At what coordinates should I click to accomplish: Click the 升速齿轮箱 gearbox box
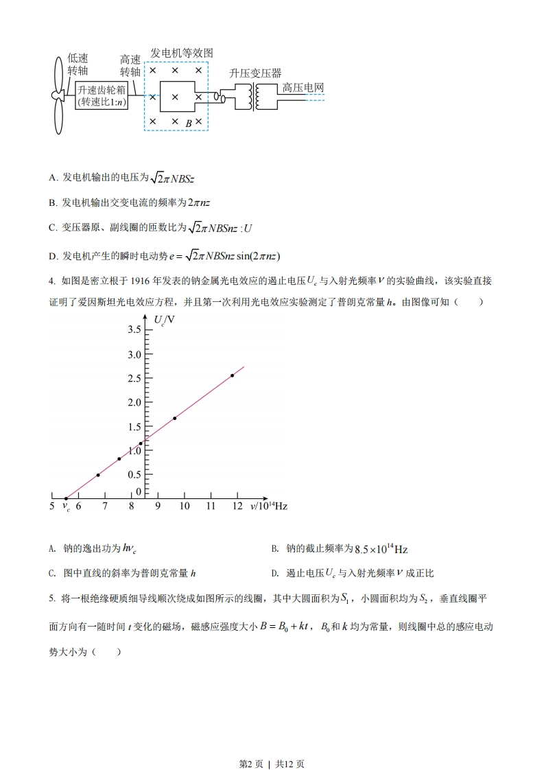[x=102, y=95]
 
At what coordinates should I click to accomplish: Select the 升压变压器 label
[x=255, y=73]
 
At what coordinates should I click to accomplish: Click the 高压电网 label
[x=303, y=88]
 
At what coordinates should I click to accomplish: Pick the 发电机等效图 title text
[x=182, y=53]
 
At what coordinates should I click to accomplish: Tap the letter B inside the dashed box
[x=189, y=122]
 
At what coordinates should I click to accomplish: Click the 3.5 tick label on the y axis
[x=134, y=330]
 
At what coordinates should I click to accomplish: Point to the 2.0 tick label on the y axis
[x=134, y=402]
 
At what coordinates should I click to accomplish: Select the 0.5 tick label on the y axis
[x=134, y=474]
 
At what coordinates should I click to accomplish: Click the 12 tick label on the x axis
[x=237, y=506]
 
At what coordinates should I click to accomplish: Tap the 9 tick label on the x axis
[x=157, y=506]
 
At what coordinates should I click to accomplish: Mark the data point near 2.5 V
[x=233, y=375]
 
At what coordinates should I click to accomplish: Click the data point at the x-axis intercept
[x=66, y=498]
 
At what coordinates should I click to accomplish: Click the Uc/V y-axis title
[x=163, y=320]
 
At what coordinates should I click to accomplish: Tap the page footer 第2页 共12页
[x=272, y=745]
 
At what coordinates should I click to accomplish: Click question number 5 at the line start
[x=52, y=598]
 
